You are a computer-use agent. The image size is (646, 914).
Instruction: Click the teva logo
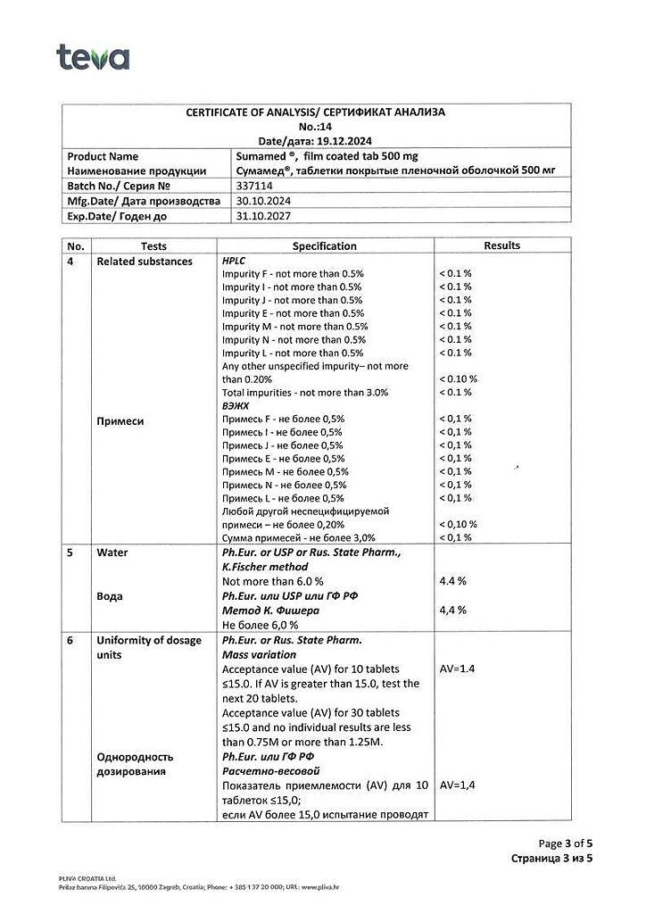(x=93, y=57)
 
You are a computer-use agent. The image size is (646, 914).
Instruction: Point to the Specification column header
(x=325, y=245)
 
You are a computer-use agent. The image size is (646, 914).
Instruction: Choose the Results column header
(x=501, y=245)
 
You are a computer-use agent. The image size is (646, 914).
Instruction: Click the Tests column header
(x=153, y=245)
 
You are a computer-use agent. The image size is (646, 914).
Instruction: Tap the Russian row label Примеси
(x=120, y=420)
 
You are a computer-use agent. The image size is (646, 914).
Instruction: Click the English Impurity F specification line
(x=291, y=273)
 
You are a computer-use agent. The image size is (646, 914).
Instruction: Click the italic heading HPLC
(x=235, y=260)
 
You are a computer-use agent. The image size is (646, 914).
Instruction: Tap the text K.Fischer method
(x=264, y=566)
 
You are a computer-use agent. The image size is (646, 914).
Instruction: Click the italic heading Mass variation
(x=259, y=654)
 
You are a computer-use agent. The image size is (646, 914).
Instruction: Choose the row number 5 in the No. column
(x=70, y=553)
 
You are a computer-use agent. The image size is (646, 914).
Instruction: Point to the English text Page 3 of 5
(x=566, y=843)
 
